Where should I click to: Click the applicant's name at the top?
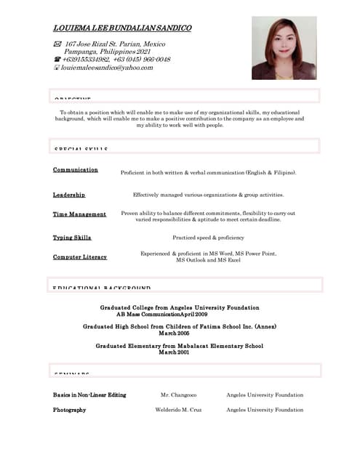[x=122, y=28]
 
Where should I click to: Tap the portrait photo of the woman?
[x=284, y=48]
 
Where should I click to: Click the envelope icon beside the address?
[x=57, y=44]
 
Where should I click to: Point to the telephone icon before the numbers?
[x=57, y=60]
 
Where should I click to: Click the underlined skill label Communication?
[x=76, y=170]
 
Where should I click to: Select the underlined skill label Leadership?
[x=69, y=195]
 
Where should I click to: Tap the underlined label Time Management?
[x=79, y=214]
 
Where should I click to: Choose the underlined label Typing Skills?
[x=72, y=238]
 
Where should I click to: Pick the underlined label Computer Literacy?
[x=80, y=257]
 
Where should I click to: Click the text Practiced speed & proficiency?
[x=208, y=238]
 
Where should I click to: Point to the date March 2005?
[x=179, y=333]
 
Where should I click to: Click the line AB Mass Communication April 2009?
[x=162, y=314]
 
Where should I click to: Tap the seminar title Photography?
[x=69, y=410]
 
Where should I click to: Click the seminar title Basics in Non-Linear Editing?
[x=89, y=395]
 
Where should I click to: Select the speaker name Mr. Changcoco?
[x=178, y=395]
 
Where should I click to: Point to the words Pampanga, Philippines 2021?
[x=107, y=52]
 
